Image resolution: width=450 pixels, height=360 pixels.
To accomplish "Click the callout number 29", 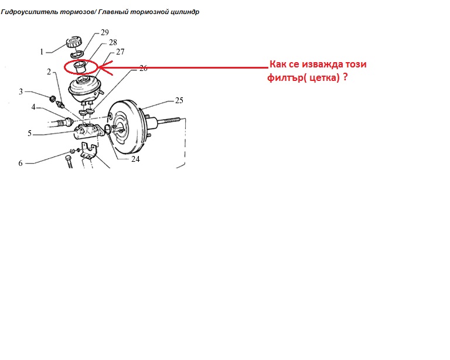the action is (x=105, y=32).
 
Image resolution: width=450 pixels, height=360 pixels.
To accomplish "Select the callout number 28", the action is (x=113, y=42).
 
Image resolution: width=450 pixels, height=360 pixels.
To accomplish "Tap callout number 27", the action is (x=120, y=52).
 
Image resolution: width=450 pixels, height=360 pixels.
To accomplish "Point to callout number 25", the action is (x=179, y=100).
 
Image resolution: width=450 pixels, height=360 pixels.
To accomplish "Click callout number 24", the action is (x=135, y=159).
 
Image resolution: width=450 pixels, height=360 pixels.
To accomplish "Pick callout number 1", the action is (x=42, y=52).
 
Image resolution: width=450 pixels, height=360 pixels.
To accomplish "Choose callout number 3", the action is (x=21, y=91).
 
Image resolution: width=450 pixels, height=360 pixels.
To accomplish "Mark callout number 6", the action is (x=21, y=164).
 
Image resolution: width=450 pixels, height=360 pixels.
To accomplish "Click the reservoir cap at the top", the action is (x=74, y=42).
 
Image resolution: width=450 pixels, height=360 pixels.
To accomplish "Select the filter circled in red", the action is (x=80, y=67).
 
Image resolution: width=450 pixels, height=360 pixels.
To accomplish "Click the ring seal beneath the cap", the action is (x=77, y=53).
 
